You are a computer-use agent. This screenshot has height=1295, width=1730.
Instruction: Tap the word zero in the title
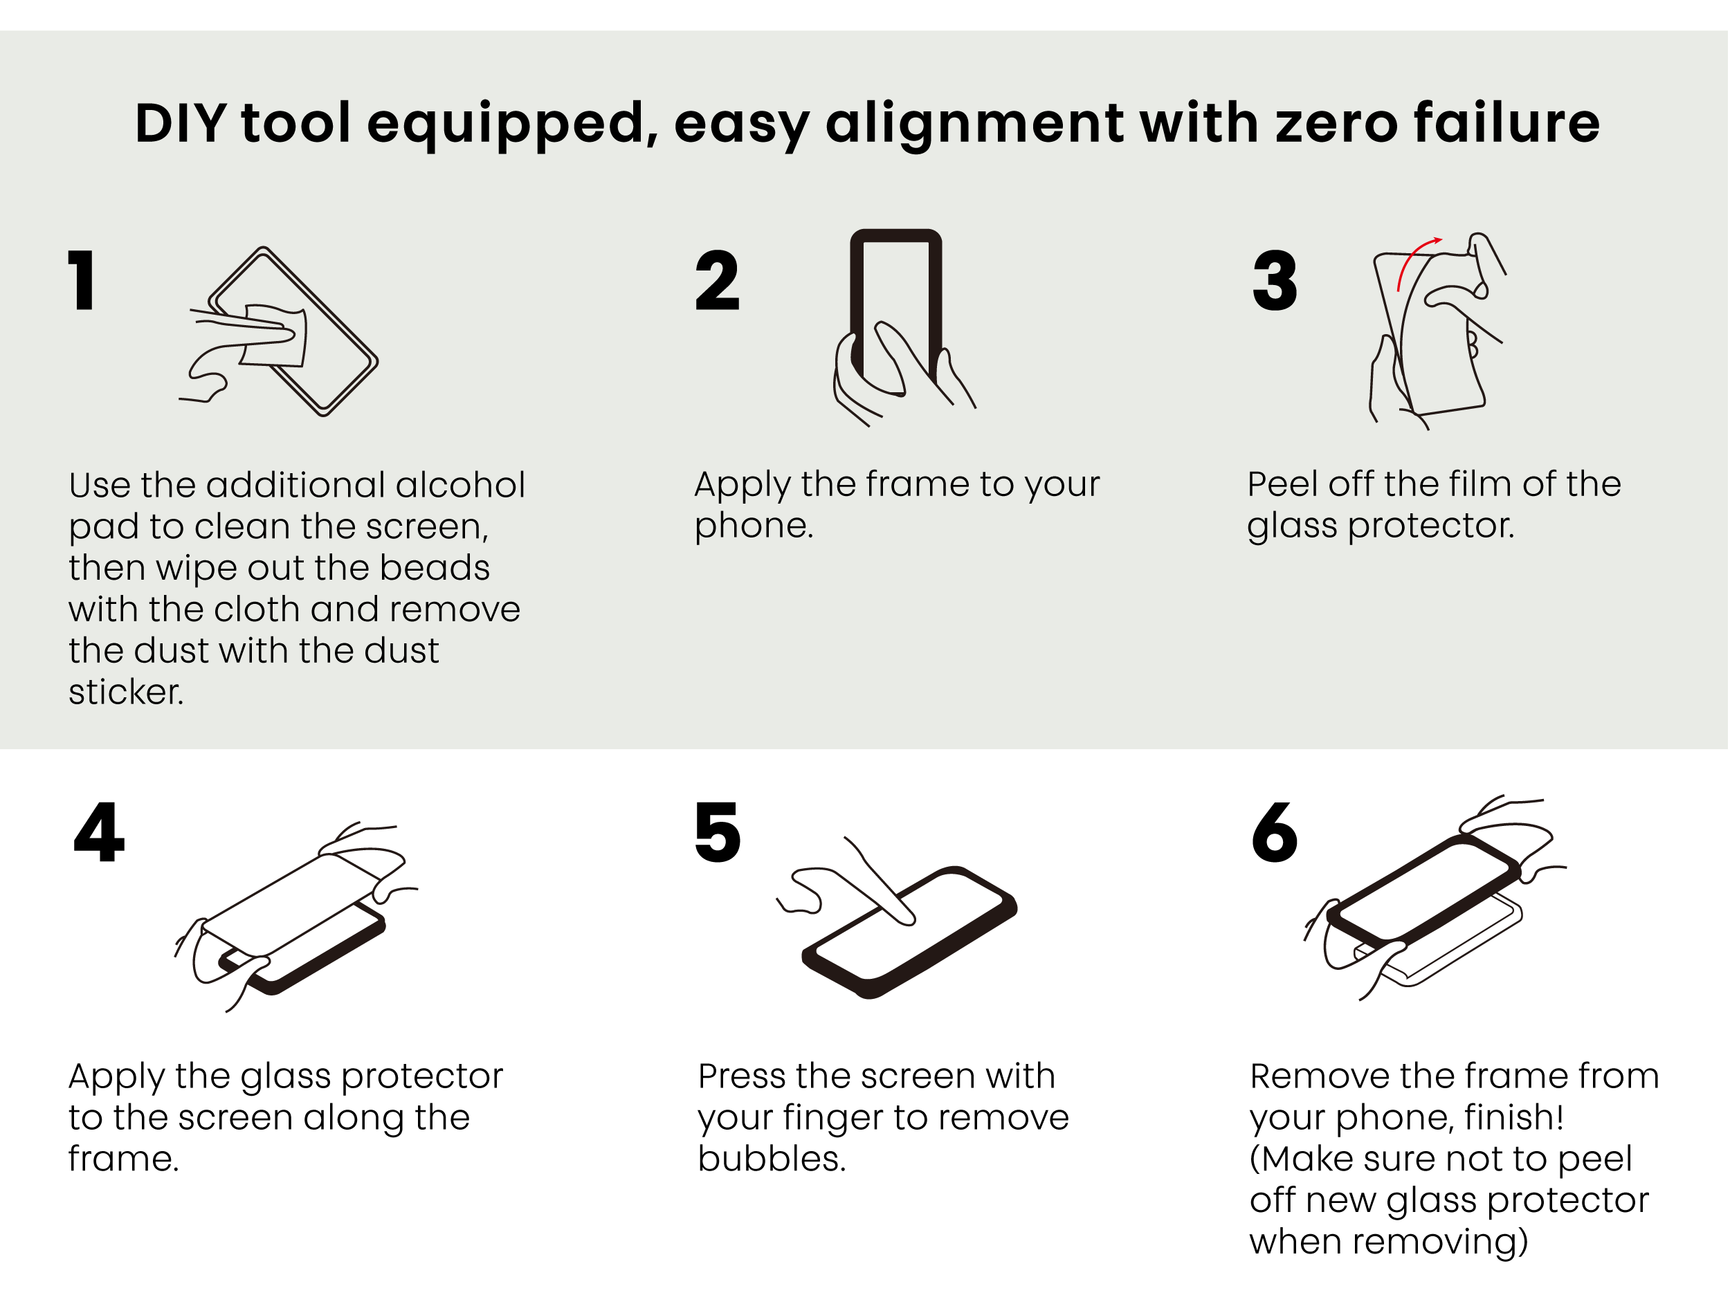pyautogui.click(x=1335, y=125)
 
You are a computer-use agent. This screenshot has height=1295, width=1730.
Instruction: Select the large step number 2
pyautogui.click(x=716, y=280)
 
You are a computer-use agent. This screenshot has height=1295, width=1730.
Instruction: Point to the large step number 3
pyautogui.click(x=1275, y=280)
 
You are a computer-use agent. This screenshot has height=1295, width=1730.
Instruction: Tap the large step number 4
pyautogui.click(x=100, y=832)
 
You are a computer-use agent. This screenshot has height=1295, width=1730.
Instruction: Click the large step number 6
pyautogui.click(x=1275, y=832)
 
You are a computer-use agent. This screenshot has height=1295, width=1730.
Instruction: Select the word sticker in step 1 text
pyautogui.click(x=126, y=692)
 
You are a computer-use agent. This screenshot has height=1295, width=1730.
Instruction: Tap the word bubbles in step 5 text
pyautogui.click(x=772, y=1158)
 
